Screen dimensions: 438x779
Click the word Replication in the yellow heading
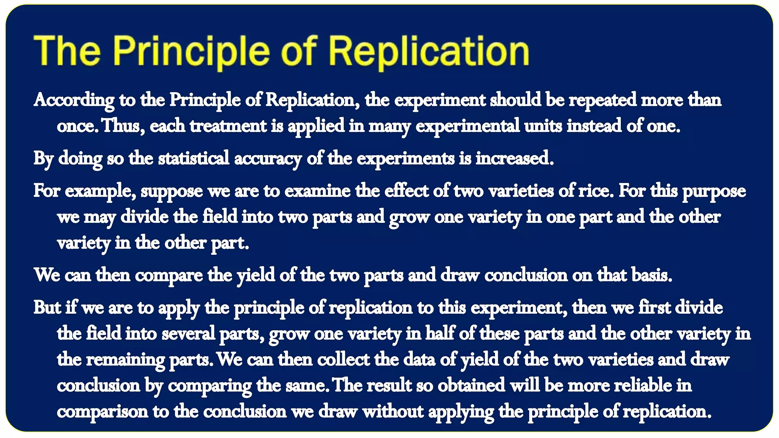click(429, 51)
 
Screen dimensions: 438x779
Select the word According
click(74, 100)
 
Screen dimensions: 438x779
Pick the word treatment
click(228, 125)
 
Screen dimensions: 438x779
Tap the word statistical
click(194, 158)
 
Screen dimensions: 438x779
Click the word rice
click(596, 191)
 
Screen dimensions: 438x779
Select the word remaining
click(125, 360)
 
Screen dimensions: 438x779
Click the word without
click(393, 411)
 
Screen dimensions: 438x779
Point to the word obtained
click(471, 385)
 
